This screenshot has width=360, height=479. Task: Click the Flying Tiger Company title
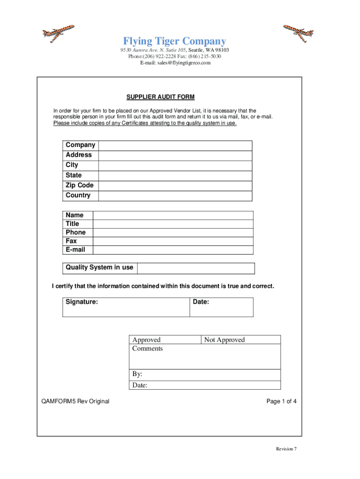click(x=174, y=41)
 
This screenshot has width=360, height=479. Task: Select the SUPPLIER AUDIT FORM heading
click(x=160, y=97)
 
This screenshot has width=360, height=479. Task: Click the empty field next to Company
click(x=175, y=145)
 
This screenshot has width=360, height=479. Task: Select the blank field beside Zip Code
click(x=175, y=186)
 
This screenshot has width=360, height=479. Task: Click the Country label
click(x=78, y=196)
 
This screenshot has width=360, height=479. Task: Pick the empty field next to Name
click(x=173, y=215)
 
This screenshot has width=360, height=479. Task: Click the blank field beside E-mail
click(x=173, y=250)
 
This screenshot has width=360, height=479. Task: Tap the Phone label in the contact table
click(x=76, y=232)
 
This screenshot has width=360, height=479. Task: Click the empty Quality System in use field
click(x=195, y=268)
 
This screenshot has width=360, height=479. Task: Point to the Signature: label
click(x=82, y=302)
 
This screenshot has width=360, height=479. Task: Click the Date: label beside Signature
click(x=201, y=302)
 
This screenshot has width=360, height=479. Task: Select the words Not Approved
click(x=224, y=340)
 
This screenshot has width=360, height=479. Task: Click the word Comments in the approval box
click(x=147, y=348)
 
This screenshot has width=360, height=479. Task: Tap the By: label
click(x=137, y=374)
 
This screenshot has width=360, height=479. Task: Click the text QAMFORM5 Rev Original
click(x=75, y=401)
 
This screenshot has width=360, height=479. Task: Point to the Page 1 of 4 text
click(x=281, y=401)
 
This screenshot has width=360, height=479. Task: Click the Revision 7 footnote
click(x=286, y=449)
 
